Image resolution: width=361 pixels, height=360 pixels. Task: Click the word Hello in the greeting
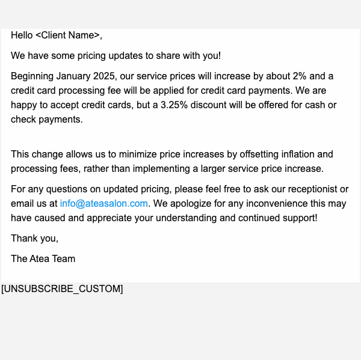point(22,35)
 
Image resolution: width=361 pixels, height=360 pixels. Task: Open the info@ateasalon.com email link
point(103,204)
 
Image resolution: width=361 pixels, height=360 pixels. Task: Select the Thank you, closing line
point(34,239)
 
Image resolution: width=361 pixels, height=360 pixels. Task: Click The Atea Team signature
point(43,259)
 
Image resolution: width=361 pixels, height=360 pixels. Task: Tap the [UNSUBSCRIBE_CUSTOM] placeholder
point(62,289)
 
